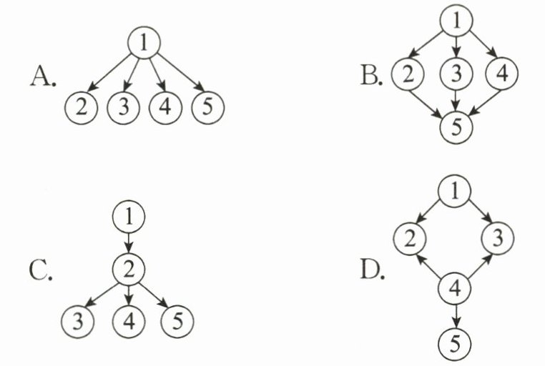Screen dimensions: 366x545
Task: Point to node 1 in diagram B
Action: point(455,21)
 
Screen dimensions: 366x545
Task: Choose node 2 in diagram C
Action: point(129,269)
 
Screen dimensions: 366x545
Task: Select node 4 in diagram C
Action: point(129,320)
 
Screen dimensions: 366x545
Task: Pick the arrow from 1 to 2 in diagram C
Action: point(129,242)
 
